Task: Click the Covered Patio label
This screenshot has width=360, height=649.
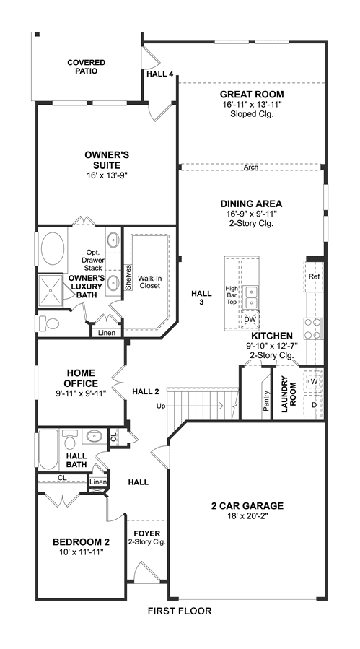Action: point(87,66)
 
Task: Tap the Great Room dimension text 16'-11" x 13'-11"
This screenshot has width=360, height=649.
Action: point(252,104)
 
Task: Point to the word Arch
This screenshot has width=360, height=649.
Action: point(251,167)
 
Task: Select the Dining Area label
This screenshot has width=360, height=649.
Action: point(251,204)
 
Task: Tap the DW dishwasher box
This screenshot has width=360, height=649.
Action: point(249,320)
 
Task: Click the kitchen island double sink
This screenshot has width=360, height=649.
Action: point(250,297)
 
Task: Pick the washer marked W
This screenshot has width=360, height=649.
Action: point(313,380)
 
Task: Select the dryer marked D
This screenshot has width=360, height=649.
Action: point(313,405)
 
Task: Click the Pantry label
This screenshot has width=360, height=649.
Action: point(266,401)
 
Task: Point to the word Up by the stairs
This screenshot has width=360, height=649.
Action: point(161,406)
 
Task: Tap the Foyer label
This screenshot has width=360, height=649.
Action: point(147,533)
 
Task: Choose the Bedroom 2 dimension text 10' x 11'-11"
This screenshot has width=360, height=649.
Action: point(81,552)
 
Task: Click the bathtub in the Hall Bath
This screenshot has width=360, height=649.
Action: point(48,450)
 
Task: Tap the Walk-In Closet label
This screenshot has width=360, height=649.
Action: point(149,282)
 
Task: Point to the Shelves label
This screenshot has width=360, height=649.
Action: point(128,277)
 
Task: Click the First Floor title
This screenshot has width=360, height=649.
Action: point(180,611)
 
